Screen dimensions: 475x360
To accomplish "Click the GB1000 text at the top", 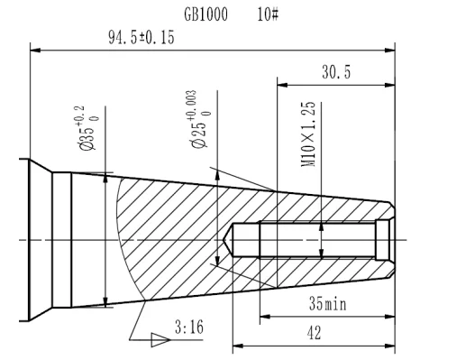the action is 206,14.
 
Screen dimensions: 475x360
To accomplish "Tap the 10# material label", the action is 268,14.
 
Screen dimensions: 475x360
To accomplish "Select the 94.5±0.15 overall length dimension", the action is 142,38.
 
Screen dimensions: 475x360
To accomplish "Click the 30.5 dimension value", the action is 336,72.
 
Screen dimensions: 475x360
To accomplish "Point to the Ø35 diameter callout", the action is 87,128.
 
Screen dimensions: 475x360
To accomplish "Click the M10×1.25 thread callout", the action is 308,134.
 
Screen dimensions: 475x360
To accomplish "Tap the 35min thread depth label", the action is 328,303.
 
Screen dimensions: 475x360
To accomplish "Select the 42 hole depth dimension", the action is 314,333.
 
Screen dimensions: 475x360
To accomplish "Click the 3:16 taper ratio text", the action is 189,327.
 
